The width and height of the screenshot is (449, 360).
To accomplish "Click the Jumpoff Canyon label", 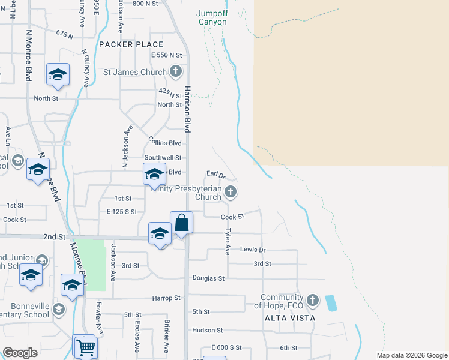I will [212, 17].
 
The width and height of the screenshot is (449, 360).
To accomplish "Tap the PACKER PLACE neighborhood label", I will [131, 44].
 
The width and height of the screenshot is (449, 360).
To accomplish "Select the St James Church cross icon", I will [175, 73].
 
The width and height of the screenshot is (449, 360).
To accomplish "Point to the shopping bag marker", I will [181, 224].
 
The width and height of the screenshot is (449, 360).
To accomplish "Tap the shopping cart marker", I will [85, 347].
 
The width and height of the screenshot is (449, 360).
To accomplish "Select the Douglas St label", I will [208, 278].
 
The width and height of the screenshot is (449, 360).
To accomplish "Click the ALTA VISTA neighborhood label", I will [289, 318].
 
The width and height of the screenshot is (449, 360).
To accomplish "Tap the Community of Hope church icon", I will [312, 300].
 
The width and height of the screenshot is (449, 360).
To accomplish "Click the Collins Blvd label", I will [165, 142].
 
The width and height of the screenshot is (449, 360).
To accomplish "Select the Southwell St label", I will [164, 158].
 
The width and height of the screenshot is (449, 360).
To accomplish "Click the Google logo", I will [20, 353].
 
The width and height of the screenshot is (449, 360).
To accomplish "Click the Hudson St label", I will [207, 330].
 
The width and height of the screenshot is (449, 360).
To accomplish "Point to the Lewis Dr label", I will [253, 249].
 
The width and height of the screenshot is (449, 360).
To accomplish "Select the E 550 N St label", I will [166, 55].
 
